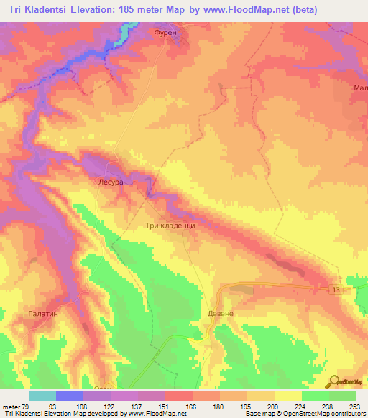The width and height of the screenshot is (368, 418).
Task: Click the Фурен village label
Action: (165, 33)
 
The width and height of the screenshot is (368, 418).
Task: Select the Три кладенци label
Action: (170, 225)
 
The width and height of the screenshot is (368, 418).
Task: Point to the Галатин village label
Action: (43, 314)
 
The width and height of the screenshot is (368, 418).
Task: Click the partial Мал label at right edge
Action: (360, 88)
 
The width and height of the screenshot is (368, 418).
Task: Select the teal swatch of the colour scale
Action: (42, 396)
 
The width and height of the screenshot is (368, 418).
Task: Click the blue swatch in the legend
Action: (70, 396)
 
